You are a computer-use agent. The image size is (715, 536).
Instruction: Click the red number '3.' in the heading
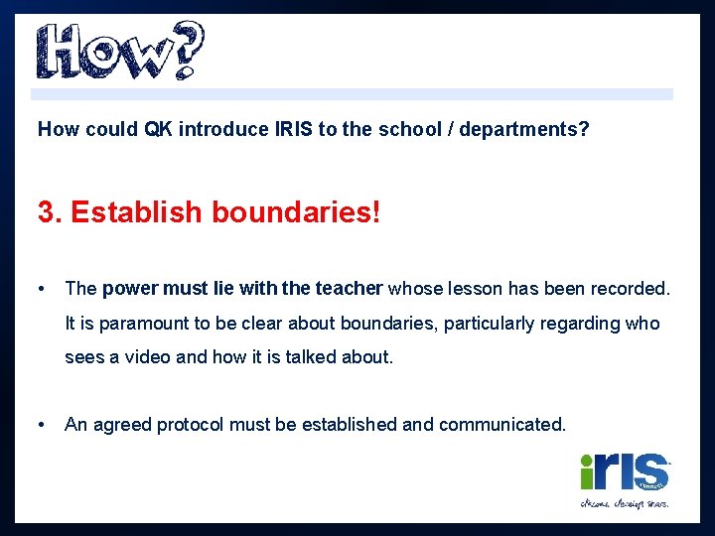point(50,212)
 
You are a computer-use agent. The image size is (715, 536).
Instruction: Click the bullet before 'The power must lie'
point(42,289)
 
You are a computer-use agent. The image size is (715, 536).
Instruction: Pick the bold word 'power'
point(129,289)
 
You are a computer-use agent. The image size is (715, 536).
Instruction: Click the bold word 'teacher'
point(349,289)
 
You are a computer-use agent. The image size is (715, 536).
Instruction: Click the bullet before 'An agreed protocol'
point(42,425)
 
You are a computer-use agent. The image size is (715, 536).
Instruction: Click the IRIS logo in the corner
point(625,479)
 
